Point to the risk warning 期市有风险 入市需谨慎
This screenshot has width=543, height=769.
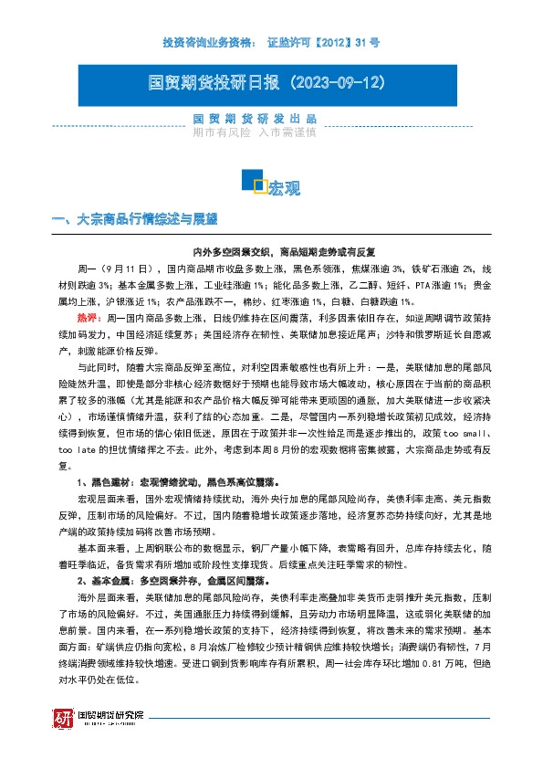click(255, 132)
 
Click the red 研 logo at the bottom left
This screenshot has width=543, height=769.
click(62, 719)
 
